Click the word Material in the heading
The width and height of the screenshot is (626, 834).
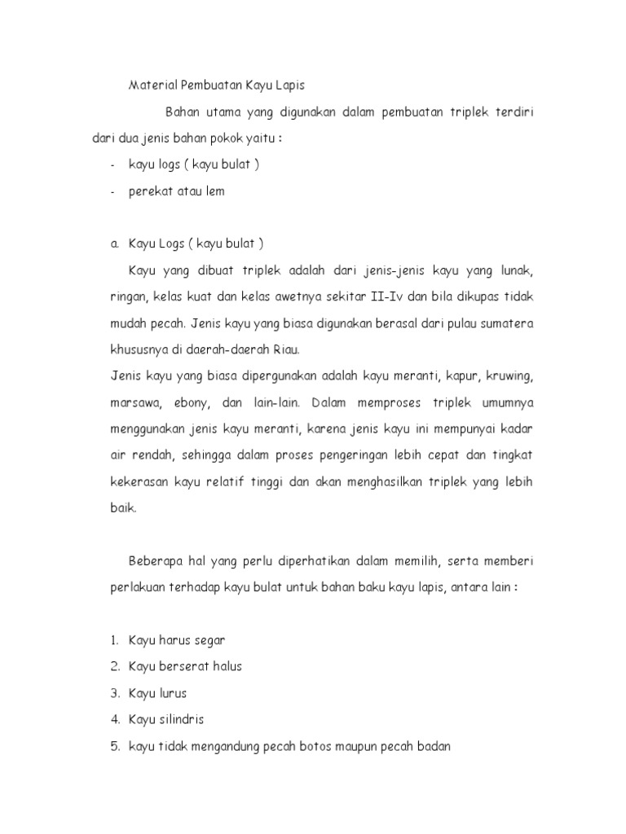(x=151, y=84)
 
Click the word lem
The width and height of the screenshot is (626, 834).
(x=214, y=191)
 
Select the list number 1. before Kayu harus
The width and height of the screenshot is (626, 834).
(x=115, y=640)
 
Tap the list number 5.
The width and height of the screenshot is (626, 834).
(x=115, y=746)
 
